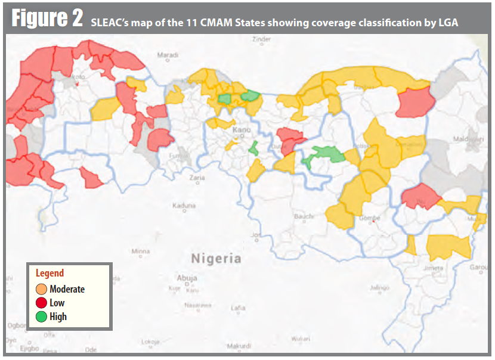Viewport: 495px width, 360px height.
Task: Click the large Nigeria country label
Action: click(216, 259)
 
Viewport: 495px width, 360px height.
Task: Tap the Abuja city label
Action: click(187, 278)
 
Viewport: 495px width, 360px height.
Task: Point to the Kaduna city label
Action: click(184, 206)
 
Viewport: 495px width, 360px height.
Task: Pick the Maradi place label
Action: click(168, 55)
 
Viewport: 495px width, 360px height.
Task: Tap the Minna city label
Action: click(141, 251)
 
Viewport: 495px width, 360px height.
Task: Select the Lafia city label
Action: click(238, 308)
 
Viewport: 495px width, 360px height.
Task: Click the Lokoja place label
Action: click(151, 342)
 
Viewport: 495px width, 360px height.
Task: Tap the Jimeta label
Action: click(433, 268)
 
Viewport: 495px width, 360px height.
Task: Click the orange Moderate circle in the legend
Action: click(41, 289)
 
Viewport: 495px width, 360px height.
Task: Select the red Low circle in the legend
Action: click(41, 303)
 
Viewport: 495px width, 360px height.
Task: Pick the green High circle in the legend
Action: click(41, 316)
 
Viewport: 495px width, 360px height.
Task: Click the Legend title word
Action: click(50, 274)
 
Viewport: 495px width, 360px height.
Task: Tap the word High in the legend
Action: click(58, 316)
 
